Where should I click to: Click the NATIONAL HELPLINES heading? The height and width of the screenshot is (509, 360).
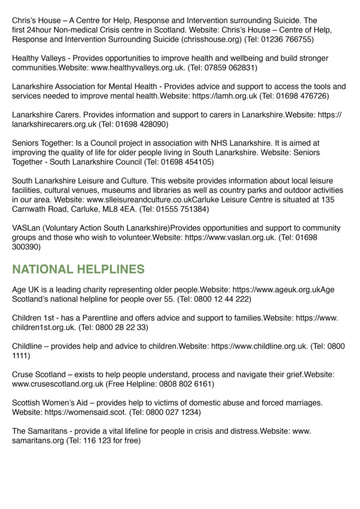point(78,269)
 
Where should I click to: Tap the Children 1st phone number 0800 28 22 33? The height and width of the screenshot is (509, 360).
point(120,327)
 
